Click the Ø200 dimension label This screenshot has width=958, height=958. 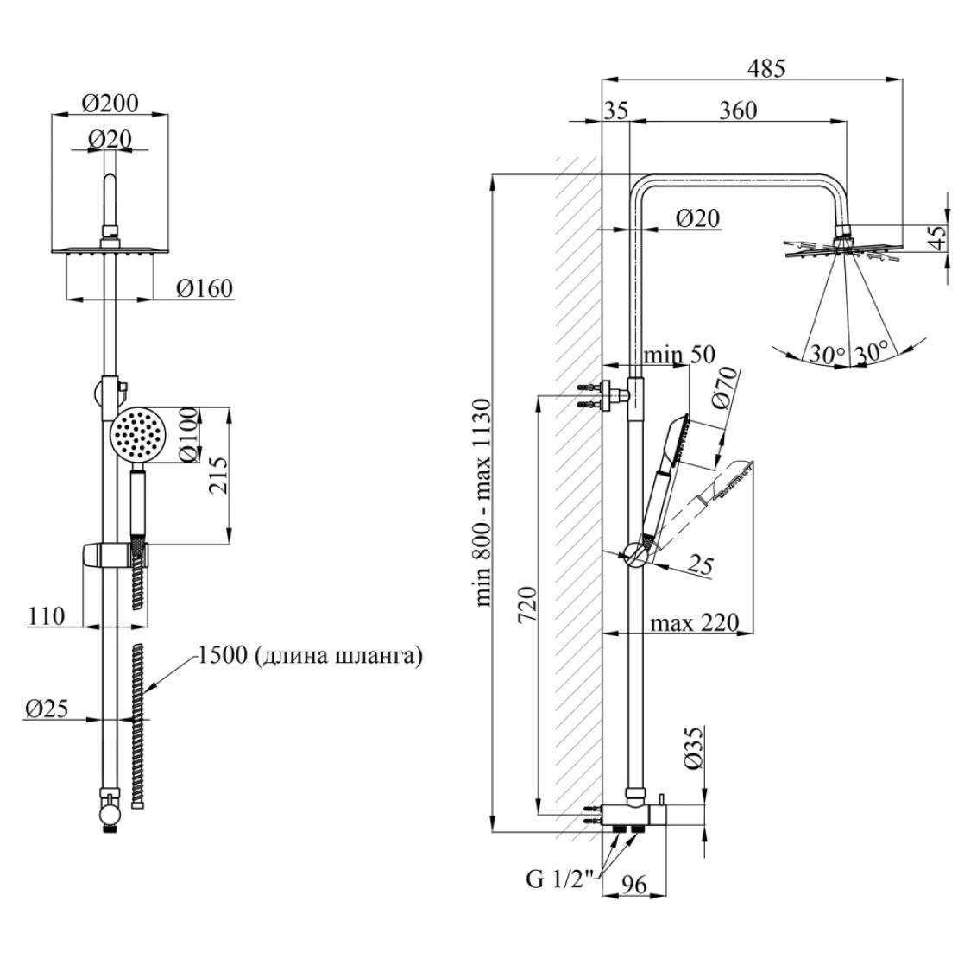tap(110, 103)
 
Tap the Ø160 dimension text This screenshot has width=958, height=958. tap(205, 288)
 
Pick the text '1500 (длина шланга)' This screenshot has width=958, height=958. tap(310, 657)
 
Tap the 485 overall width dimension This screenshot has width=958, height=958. tap(767, 69)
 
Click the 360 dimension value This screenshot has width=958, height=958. tap(737, 110)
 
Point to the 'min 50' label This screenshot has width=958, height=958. tap(680, 355)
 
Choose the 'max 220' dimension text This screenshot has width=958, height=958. tap(695, 623)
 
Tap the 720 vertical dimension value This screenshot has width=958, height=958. tap(527, 604)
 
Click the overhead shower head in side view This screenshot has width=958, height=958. tap(844, 249)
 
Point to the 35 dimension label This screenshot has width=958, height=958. tap(616, 110)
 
